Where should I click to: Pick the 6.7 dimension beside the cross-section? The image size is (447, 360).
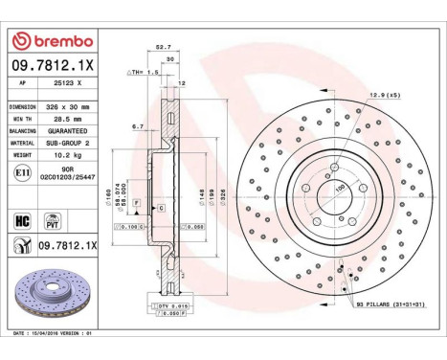tap(137, 125)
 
